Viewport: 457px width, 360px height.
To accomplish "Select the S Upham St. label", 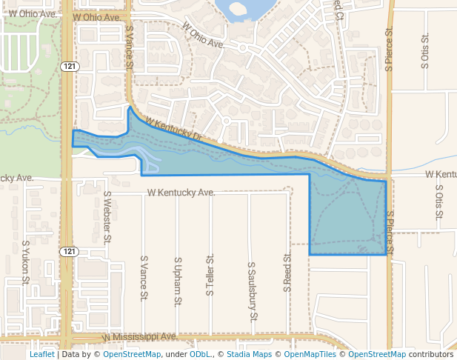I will [178, 282].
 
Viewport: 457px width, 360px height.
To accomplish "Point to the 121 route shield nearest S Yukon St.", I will [69, 252].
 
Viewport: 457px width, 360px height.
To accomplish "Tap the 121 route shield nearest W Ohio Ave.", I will [67, 67].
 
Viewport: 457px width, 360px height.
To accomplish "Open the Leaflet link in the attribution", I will [41, 354].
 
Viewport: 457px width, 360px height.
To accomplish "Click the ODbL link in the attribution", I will [199, 354].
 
